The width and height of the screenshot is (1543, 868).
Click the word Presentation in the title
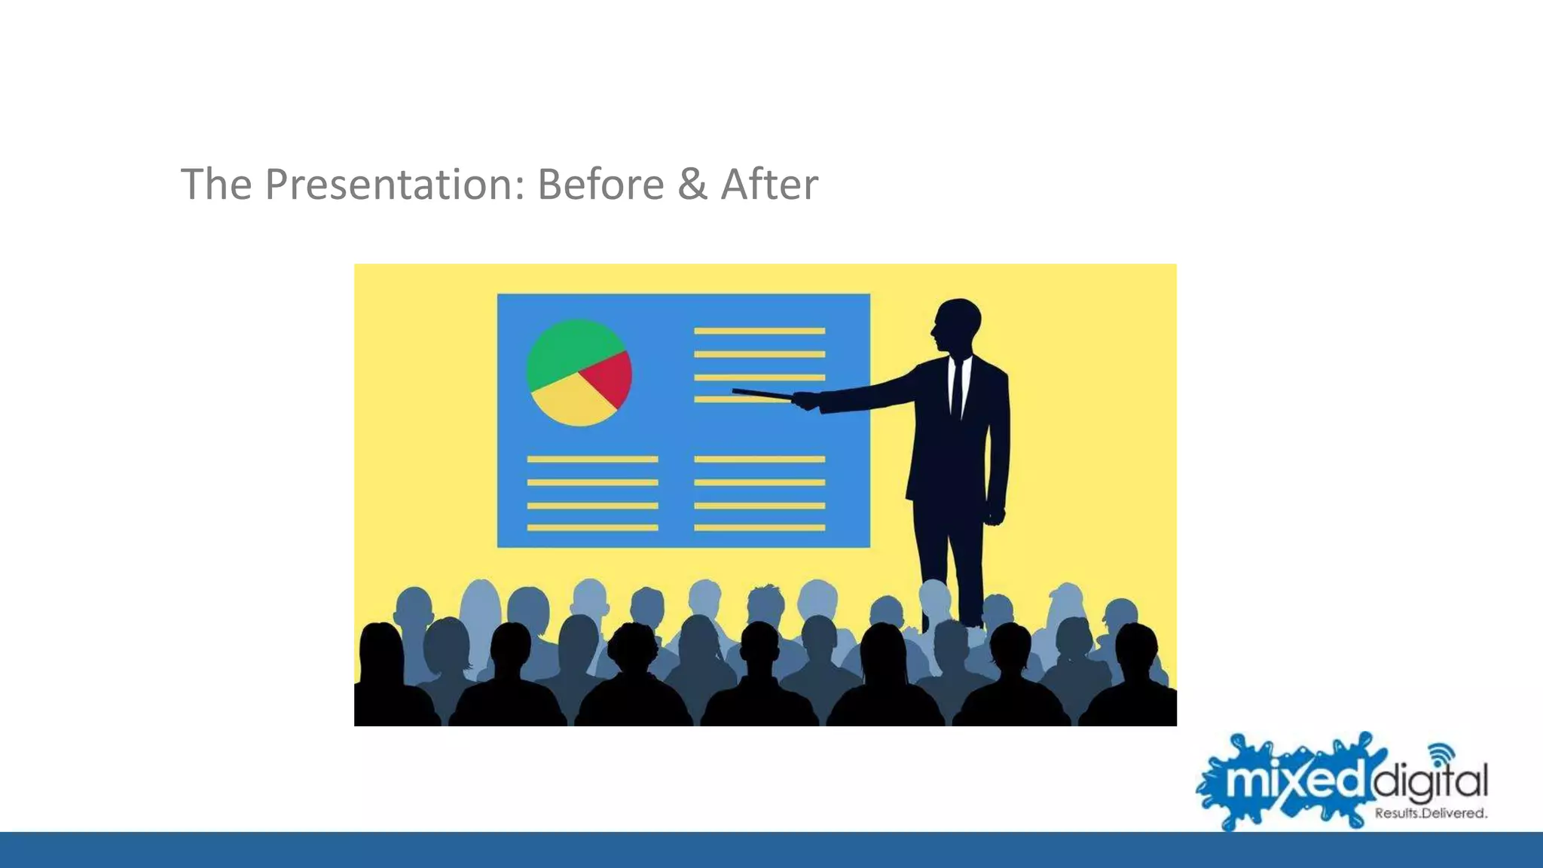click(x=394, y=185)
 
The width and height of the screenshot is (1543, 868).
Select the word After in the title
click(x=769, y=185)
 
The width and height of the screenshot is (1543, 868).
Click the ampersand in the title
click(x=692, y=185)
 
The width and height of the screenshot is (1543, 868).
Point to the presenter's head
click(x=957, y=325)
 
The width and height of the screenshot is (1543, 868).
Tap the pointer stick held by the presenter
click(x=761, y=393)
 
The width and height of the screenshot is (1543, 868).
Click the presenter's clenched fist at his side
click(x=995, y=516)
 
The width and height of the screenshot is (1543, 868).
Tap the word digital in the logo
click(x=1428, y=782)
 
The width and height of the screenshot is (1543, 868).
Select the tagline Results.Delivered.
click(x=1430, y=814)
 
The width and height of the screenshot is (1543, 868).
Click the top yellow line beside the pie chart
click(x=759, y=331)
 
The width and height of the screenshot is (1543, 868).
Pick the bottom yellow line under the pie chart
click(x=592, y=527)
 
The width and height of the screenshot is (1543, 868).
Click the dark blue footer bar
click(x=771, y=850)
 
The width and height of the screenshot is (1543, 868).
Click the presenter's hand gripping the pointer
click(x=805, y=401)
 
